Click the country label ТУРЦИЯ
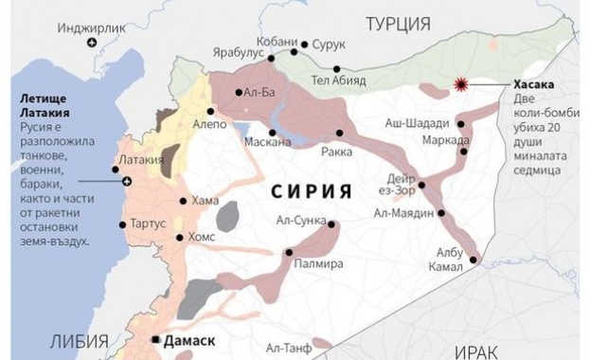click(x=398, y=23)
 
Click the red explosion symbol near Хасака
click(x=462, y=85)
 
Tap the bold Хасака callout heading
click(x=535, y=83)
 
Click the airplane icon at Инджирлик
click(x=90, y=44)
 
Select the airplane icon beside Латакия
click(x=128, y=181)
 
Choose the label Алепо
click(x=210, y=124)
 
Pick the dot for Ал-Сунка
click(x=332, y=224)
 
